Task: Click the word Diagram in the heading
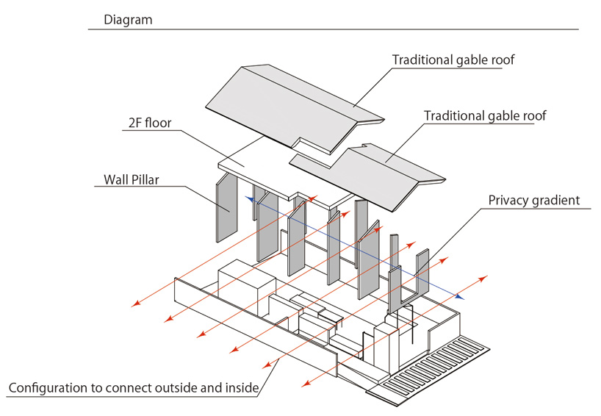[128, 20]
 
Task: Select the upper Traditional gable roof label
[453, 60]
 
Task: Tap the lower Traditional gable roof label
[485, 115]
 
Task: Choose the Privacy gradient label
[534, 200]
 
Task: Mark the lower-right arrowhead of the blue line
[460, 297]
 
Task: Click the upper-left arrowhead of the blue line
[248, 198]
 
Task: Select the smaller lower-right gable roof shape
[382, 176]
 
